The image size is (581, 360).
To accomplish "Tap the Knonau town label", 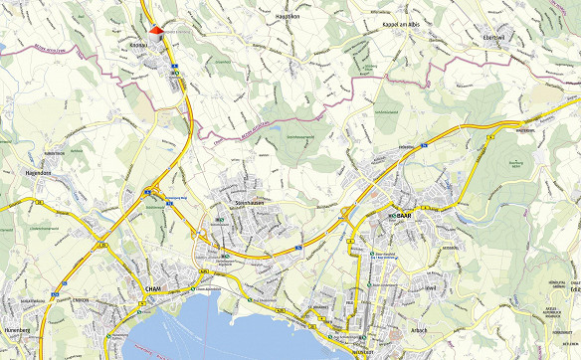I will click(138, 45).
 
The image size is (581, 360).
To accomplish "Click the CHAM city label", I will click(153, 289).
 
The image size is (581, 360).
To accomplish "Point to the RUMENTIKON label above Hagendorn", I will click(53, 154).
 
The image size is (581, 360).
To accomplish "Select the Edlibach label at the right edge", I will click(571, 290).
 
